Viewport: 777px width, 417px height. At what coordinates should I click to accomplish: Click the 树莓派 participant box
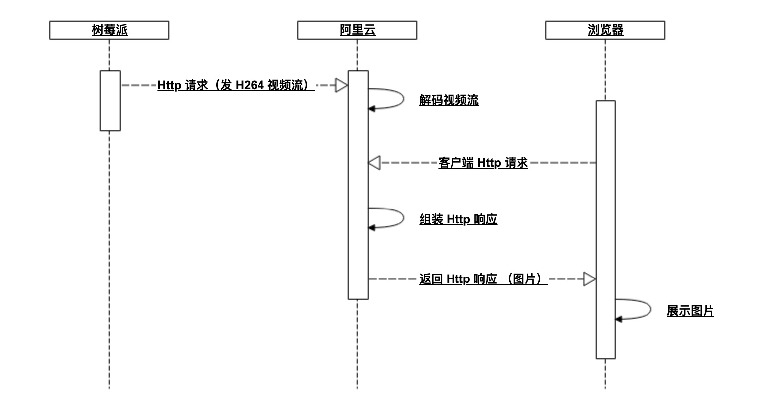coord(109,30)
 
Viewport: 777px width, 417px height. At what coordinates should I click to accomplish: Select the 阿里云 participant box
coord(357,30)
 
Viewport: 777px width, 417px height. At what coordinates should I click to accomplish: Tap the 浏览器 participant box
coord(605,30)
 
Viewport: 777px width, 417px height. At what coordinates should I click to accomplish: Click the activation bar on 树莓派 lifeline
coord(110,101)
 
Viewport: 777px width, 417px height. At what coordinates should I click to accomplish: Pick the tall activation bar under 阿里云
coord(358,185)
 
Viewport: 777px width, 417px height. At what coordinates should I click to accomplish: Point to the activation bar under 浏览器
coord(606,229)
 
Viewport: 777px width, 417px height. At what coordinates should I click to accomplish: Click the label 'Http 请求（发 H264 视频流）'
coord(236,85)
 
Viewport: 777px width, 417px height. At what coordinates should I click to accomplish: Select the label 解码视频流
coord(449,100)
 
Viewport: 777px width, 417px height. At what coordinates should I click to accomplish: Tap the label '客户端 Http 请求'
coord(483,163)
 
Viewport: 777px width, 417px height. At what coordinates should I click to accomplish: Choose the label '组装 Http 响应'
coord(458,219)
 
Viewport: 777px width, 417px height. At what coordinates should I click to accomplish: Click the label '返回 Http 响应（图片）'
coord(483,279)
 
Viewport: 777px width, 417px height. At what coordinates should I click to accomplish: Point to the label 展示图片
coord(690,311)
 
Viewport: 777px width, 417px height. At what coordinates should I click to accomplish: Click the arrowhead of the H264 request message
coord(341,85)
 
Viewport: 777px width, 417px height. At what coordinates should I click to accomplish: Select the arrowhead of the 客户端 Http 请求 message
coord(374,163)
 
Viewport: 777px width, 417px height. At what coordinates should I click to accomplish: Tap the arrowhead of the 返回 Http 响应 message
coord(589,279)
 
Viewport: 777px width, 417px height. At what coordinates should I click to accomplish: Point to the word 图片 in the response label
coord(524,279)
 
